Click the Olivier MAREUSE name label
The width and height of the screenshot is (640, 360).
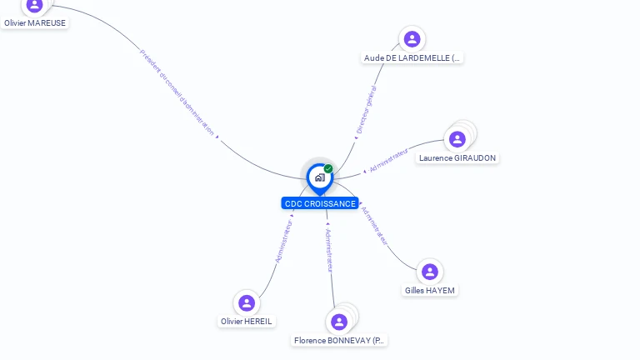[35, 23]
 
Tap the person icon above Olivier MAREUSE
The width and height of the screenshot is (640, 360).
[34, 5]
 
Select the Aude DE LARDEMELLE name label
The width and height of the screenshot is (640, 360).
[412, 58]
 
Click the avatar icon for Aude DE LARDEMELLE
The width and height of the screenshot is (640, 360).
[412, 39]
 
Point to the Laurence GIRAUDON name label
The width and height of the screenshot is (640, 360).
[457, 158]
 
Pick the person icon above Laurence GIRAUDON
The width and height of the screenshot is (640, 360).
[457, 139]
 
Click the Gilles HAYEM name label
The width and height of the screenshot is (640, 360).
[430, 291]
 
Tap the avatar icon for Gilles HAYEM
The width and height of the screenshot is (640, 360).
[430, 272]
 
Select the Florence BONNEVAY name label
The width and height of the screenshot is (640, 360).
[340, 341]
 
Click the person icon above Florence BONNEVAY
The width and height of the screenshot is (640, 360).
[338, 322]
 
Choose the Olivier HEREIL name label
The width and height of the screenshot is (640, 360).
[247, 322]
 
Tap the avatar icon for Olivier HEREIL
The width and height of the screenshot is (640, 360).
[246, 302]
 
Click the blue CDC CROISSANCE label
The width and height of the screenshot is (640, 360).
[320, 203]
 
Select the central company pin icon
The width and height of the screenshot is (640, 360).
[319, 177]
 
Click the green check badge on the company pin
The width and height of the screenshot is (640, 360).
[328, 169]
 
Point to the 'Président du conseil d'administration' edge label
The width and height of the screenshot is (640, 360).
[177, 92]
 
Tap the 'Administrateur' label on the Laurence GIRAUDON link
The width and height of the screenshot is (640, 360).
[388, 161]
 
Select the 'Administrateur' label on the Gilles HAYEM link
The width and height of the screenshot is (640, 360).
[375, 225]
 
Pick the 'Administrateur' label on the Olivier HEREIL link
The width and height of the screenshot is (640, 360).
[284, 241]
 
